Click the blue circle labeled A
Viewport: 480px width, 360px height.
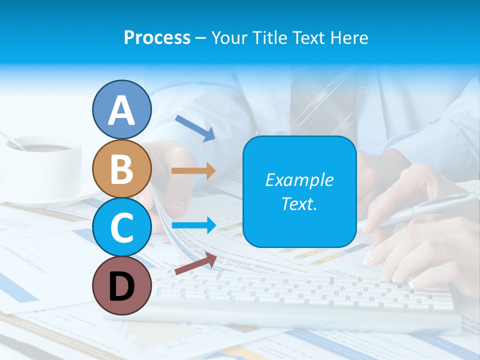click(121, 109)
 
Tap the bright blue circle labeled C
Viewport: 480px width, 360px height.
click(121, 227)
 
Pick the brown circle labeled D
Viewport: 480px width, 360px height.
click(121, 286)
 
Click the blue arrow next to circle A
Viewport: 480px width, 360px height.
click(195, 127)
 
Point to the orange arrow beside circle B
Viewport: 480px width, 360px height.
click(193, 171)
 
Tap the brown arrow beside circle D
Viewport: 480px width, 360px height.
click(195, 263)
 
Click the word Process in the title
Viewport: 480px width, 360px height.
click(157, 37)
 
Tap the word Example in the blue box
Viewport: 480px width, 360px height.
click(299, 180)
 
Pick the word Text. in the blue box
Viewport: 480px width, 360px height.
click(299, 204)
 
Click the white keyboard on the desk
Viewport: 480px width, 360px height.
click(300, 295)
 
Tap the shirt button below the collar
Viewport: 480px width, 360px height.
click(363, 91)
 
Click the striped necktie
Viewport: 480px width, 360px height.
click(320, 100)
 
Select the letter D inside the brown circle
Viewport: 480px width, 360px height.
click(121, 286)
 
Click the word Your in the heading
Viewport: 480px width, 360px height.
click(228, 37)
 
